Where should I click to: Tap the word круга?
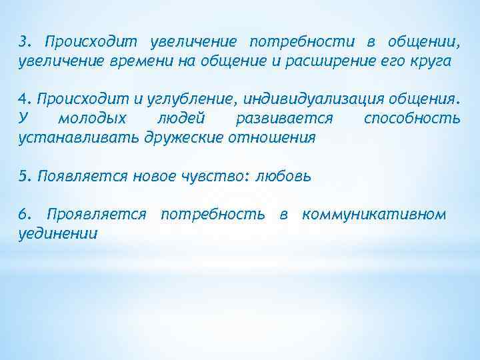pyautogui.click(x=432, y=61)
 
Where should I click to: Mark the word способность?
pyautogui.click(x=412, y=119)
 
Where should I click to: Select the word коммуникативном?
pyautogui.click(x=374, y=215)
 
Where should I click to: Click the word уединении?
pyautogui.click(x=58, y=234)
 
